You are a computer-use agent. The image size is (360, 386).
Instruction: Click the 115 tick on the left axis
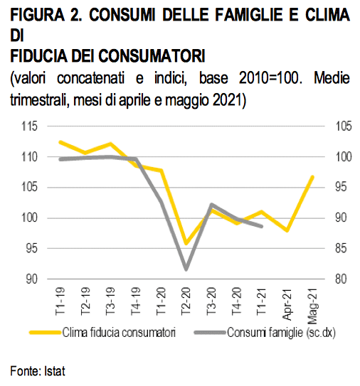pos(29,127)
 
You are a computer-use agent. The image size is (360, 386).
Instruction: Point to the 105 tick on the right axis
pos(344,127)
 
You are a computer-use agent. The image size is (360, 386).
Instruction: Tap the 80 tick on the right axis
pos(341,279)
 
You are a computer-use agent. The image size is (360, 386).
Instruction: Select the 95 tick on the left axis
pos(32,248)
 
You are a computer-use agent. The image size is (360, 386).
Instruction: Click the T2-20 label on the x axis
pos(186,301)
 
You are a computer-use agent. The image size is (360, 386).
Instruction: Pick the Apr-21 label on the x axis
pos(287,304)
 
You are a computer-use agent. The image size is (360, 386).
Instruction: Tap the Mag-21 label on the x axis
pos(312,306)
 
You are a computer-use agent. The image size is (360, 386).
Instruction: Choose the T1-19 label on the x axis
pos(60,301)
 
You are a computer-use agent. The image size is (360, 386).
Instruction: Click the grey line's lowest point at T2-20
pos(186,269)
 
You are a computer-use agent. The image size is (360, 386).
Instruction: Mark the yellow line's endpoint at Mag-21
pos(312,177)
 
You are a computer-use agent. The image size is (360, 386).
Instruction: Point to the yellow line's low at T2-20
pos(186,243)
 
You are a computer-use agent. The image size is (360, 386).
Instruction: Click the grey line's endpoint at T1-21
pos(262,226)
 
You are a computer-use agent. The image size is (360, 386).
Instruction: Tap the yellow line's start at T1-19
pos(60,142)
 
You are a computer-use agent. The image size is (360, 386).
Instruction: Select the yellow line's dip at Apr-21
pos(287,230)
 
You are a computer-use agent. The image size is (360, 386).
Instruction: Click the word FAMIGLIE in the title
pos(248,15)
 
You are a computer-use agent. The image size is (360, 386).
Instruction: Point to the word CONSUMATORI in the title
pos(152,56)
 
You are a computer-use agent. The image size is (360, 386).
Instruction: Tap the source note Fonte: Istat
pos(38,371)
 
